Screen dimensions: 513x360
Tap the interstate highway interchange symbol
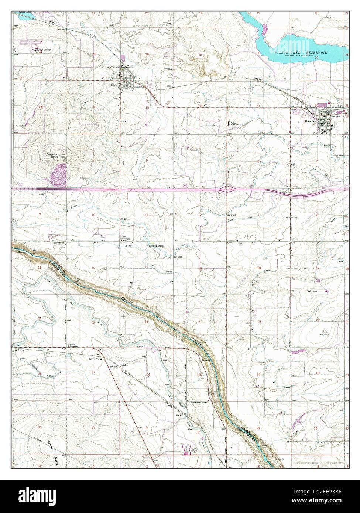coord(226,189)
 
